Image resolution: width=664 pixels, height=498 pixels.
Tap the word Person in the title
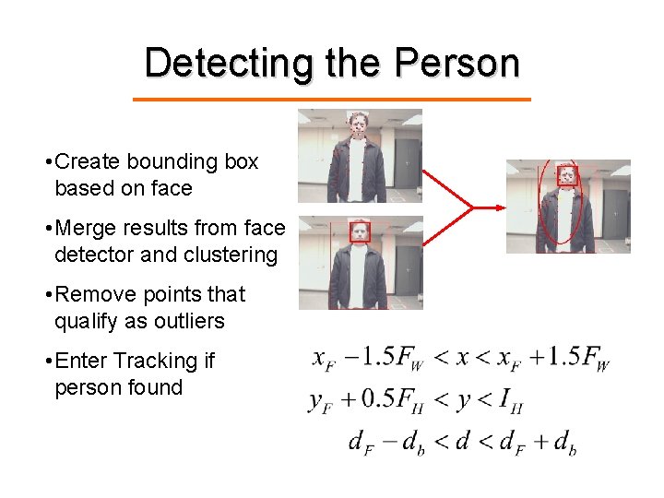[456, 63]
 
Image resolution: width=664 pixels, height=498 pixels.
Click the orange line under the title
[332, 99]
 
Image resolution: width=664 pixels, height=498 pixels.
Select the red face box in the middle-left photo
[361, 232]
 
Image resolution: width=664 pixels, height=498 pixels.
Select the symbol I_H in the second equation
[508, 400]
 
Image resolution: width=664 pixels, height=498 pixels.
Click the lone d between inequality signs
[464, 442]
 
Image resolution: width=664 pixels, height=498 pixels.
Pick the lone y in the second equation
[464, 401]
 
